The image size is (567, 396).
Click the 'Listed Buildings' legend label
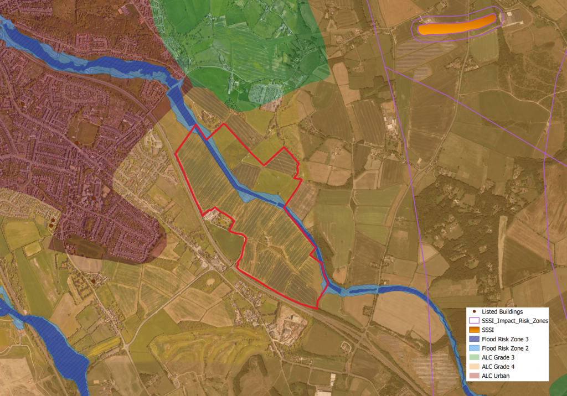click(x=502, y=312)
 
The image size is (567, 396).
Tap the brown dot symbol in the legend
click(x=474, y=312)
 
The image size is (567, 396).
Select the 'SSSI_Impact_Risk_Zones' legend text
click(x=515, y=321)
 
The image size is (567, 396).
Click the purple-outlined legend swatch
click(x=474, y=321)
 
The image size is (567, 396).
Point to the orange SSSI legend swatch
click(x=474, y=330)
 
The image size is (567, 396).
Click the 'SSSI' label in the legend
click(x=488, y=330)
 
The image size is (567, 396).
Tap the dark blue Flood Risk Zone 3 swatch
click(x=474, y=339)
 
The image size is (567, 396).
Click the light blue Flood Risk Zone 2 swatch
click(x=474, y=348)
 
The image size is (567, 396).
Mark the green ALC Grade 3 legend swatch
click(x=474, y=357)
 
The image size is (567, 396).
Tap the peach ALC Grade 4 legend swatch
click(x=474, y=367)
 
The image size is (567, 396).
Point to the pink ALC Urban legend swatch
click(x=474, y=376)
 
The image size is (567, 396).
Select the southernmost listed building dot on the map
click(x=94, y=282)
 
